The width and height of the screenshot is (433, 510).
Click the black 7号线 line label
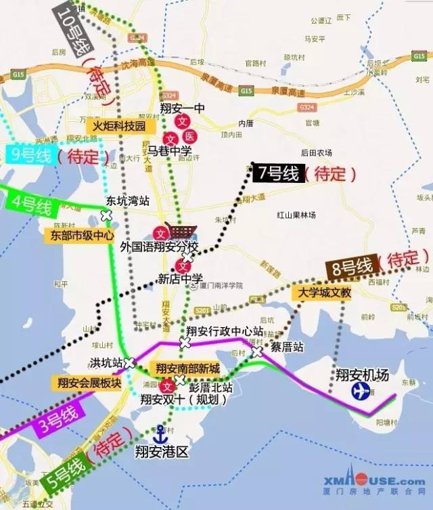click(276, 173)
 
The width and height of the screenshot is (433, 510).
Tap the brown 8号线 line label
click(348, 268)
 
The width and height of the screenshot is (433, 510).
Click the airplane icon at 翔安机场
click(361, 391)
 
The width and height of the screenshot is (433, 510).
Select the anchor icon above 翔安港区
click(161, 431)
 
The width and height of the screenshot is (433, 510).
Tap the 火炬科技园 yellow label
click(120, 126)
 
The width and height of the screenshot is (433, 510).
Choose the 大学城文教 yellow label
click(321, 293)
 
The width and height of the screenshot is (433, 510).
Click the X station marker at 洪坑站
click(129, 362)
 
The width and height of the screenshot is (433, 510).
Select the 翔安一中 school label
click(183, 108)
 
